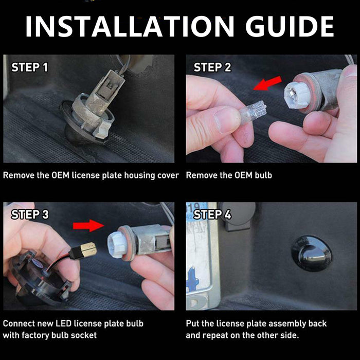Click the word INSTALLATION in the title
click(x=130, y=26)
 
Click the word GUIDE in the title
click(x=290, y=26)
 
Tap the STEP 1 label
click(x=30, y=67)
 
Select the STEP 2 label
click(x=212, y=67)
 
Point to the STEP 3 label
click(x=30, y=214)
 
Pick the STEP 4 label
click(x=212, y=214)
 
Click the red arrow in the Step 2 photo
click(x=267, y=83)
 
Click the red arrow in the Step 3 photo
click(x=88, y=225)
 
